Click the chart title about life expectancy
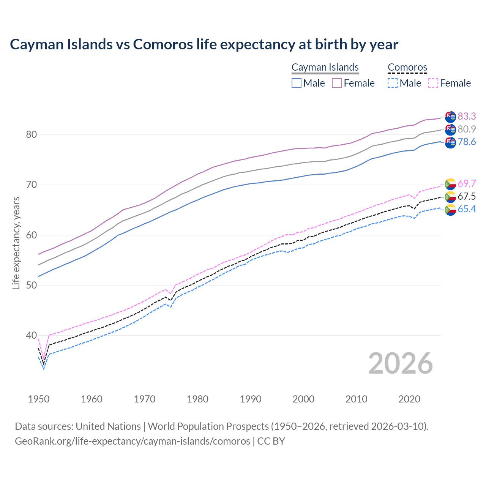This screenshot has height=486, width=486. tap(204, 44)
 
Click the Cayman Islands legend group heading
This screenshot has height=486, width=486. tap(325, 67)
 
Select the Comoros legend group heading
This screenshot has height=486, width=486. tap(407, 67)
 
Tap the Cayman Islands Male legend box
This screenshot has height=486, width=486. tap(297, 83)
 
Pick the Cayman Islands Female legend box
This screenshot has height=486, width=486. tap(337, 83)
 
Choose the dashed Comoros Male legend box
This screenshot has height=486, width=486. tap(393, 83)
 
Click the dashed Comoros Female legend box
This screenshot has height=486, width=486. tap(433, 83)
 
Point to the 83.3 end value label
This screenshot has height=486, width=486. tap(467, 116)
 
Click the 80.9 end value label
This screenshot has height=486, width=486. tap(467, 129)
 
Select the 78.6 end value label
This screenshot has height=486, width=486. tap(467, 142)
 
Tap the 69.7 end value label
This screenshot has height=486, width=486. tap(467, 184)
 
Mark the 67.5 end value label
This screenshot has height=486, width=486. tap(467, 196)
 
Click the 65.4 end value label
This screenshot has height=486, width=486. tap(467, 209)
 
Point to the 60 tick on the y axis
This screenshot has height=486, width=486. tap(32, 235)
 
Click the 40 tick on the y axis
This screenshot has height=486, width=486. tap(32, 335)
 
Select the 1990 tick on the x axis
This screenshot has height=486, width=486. tap(251, 399)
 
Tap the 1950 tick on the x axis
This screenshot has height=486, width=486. tap(39, 399)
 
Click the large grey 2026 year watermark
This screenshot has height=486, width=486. tap(400, 363)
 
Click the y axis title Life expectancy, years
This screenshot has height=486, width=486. tap(16, 243)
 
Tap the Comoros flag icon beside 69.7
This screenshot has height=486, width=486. tap(450, 184)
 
